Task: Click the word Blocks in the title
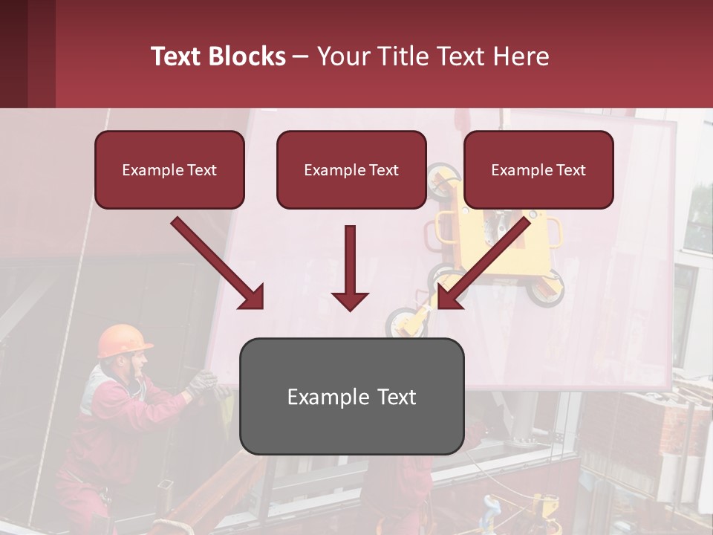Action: coord(249,56)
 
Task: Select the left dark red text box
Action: coord(169,170)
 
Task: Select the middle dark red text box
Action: coord(351,170)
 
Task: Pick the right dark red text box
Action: coord(538,170)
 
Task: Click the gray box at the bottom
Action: coord(351,397)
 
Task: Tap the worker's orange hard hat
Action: coord(123,340)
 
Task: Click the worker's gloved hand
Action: coord(201,383)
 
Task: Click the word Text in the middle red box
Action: coord(382,170)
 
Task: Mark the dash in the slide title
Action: coord(301,56)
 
